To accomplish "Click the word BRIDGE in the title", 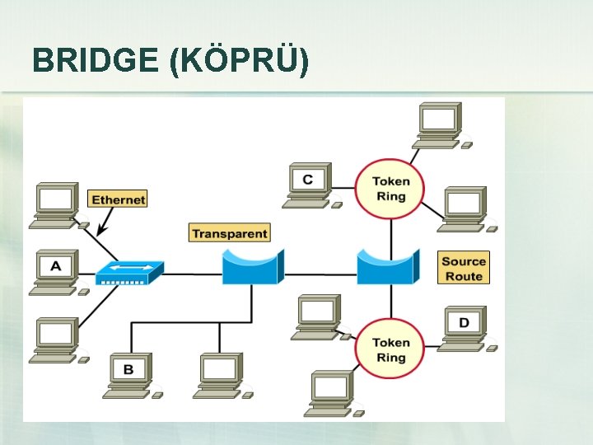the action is tap(96, 60).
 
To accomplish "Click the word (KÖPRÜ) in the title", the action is tap(240, 60).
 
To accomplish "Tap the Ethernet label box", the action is tap(118, 199).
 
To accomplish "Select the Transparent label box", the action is tap(230, 232).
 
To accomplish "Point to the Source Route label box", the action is tap(464, 268).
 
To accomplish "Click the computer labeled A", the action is tap(58, 272).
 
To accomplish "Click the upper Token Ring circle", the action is tap(390, 190).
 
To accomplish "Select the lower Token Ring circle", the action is tap(390, 349).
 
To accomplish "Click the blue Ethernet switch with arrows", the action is tap(130, 273).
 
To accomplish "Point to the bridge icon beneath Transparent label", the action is tap(253, 267).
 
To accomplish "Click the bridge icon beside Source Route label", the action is tap(389, 267).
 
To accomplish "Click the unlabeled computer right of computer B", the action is tap(222, 376).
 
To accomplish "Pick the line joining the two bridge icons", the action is tap(320, 274).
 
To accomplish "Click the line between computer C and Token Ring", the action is tap(343, 188).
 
